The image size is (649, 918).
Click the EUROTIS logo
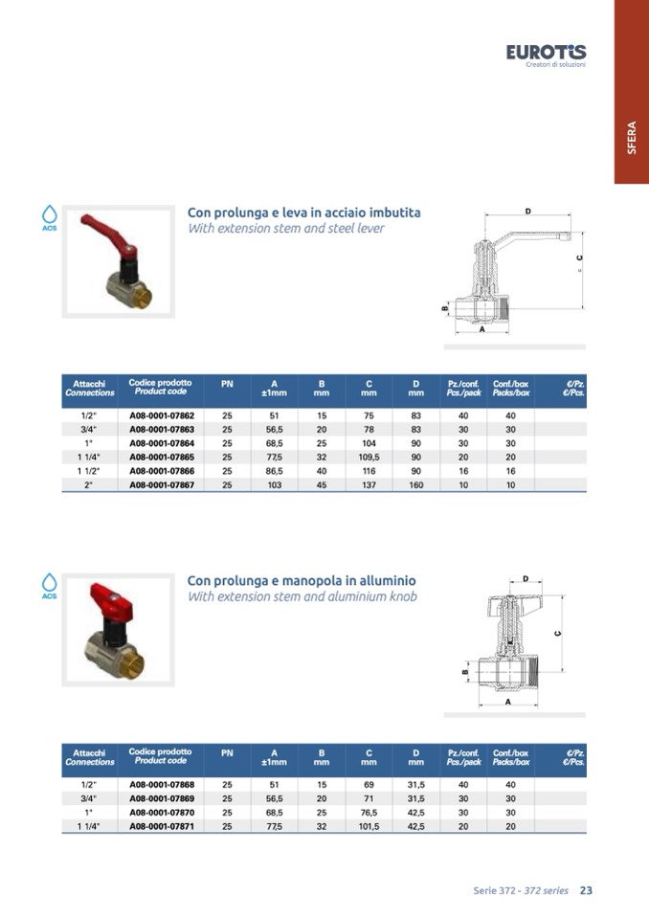click(x=546, y=55)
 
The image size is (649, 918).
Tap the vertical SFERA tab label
click(x=632, y=138)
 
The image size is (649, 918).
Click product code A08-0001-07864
click(x=162, y=443)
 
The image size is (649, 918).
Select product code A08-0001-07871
click(x=162, y=826)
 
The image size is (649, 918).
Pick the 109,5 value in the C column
click(x=369, y=458)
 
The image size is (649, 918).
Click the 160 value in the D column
click(x=416, y=484)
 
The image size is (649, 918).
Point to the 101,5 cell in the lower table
click(x=369, y=826)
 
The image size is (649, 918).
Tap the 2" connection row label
click(x=88, y=484)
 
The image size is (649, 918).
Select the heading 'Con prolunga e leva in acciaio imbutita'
click(x=303, y=213)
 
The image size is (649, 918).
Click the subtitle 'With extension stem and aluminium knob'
click(x=302, y=596)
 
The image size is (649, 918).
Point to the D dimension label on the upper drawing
click(x=527, y=212)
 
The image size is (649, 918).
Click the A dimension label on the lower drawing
click(x=508, y=702)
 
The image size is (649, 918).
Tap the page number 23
click(x=586, y=890)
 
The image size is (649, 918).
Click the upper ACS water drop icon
click(x=50, y=217)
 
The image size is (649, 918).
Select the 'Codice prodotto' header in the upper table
click(x=161, y=382)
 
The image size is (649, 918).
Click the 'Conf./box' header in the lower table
click(x=511, y=753)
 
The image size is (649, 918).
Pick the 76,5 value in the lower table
click(x=369, y=812)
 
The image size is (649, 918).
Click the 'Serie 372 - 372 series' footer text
click(x=521, y=890)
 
